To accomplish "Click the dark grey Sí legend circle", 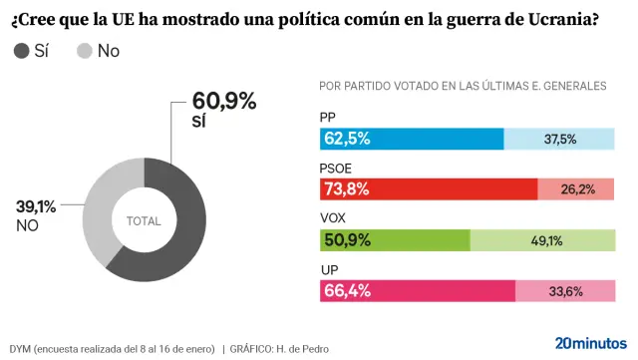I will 22,51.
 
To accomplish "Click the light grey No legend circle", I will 86,51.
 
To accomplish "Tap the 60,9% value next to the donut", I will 224,101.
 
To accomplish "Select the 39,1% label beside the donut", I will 36,206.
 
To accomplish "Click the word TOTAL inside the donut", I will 144,220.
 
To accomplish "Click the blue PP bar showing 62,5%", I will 412,139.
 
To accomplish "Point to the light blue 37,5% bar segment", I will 559,139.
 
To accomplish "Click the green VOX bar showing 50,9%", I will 395,240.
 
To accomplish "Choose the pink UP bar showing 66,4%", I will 418,291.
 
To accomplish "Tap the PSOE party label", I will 336,168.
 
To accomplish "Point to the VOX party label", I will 333,217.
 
